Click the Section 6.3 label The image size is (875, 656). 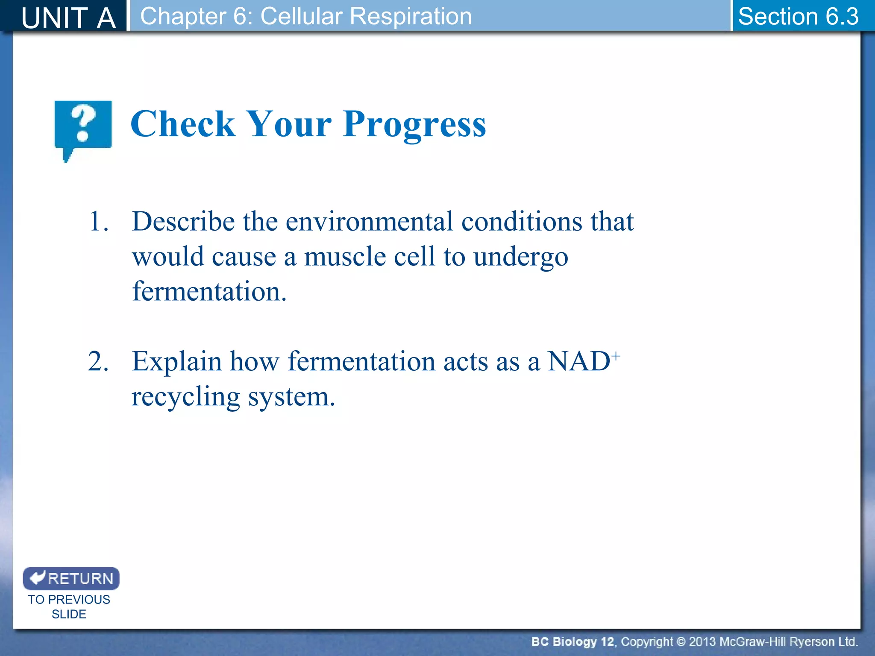(x=798, y=16)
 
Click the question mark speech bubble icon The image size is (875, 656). (x=83, y=126)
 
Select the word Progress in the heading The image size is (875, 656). (x=414, y=124)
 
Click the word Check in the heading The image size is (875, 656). (x=183, y=124)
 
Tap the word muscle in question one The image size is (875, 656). (x=345, y=257)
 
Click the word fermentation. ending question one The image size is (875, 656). (x=209, y=292)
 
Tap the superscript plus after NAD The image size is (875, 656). (x=616, y=355)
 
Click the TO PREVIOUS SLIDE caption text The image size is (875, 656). (x=69, y=607)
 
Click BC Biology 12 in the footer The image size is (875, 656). (x=573, y=641)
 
